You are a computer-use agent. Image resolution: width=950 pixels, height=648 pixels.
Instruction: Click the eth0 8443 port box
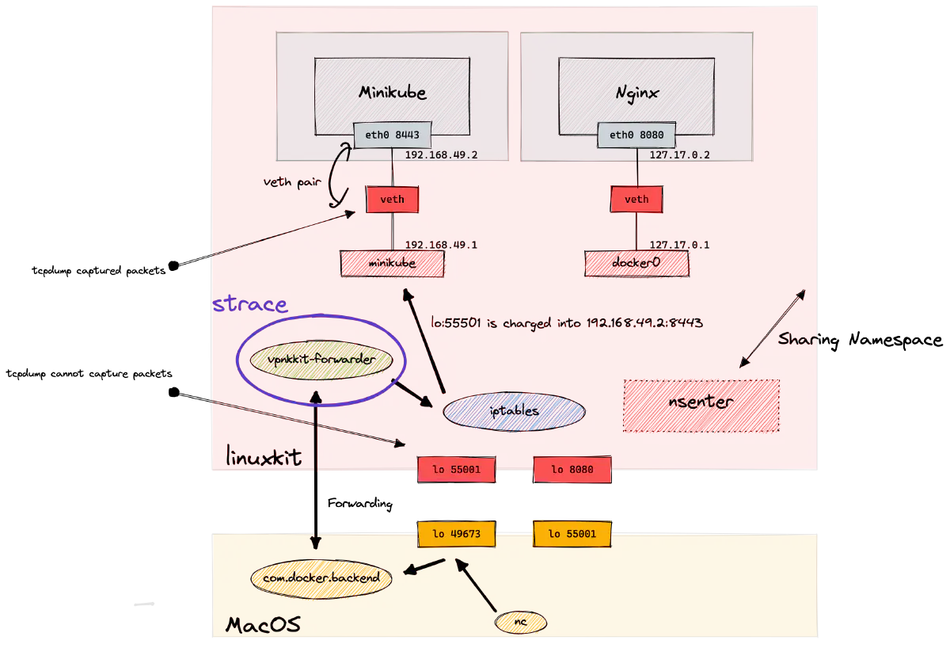click(392, 135)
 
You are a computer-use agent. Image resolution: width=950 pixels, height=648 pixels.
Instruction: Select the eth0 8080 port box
click(636, 135)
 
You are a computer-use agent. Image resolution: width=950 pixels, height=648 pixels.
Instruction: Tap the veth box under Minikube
click(392, 199)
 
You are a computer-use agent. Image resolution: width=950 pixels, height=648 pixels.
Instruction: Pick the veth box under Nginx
click(636, 199)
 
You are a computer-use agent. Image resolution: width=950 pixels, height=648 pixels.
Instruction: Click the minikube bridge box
click(392, 263)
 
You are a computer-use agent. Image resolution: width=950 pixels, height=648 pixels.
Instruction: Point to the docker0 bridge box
click(636, 263)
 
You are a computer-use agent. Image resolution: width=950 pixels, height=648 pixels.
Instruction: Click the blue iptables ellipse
click(514, 411)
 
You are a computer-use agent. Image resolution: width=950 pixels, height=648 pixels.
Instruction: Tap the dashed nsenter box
click(701, 405)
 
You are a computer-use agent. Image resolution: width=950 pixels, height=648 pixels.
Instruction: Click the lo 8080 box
click(572, 469)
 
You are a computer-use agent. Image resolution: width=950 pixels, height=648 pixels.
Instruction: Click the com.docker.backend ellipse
click(321, 578)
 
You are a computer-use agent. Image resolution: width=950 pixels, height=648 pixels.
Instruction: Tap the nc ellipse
click(521, 623)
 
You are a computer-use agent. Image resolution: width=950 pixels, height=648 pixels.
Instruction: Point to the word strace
click(250, 304)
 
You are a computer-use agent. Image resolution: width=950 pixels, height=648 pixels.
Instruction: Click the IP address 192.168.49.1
click(441, 245)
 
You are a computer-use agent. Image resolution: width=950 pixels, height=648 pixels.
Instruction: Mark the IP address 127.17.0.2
click(679, 155)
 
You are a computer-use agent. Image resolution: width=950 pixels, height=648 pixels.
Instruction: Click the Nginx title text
click(637, 93)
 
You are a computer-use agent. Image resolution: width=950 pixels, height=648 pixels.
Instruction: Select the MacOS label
click(263, 625)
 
